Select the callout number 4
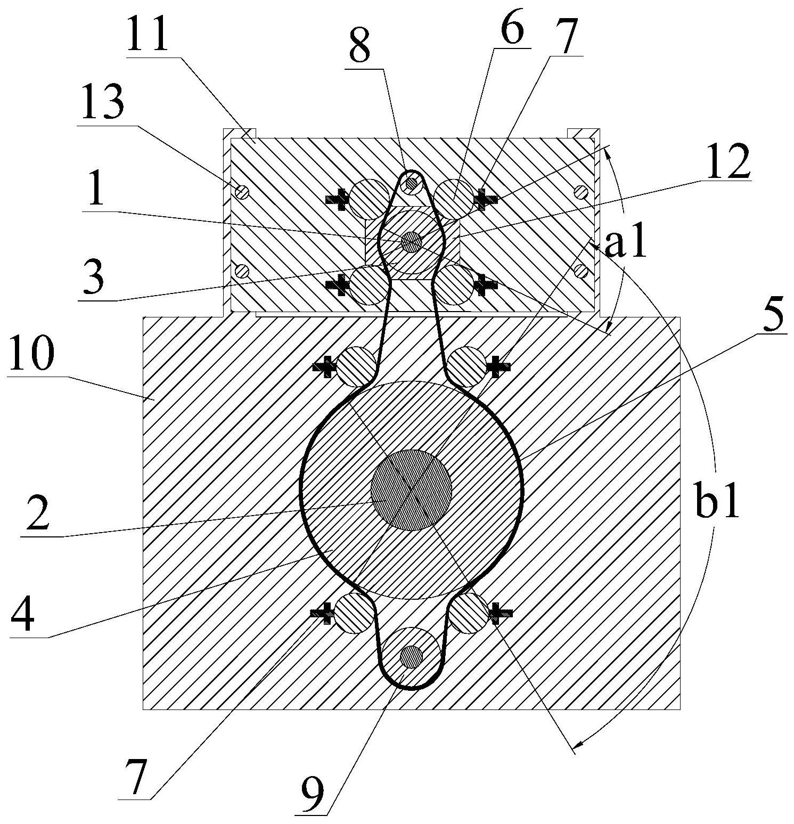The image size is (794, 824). pos(24,614)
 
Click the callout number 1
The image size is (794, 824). pos(96,193)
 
